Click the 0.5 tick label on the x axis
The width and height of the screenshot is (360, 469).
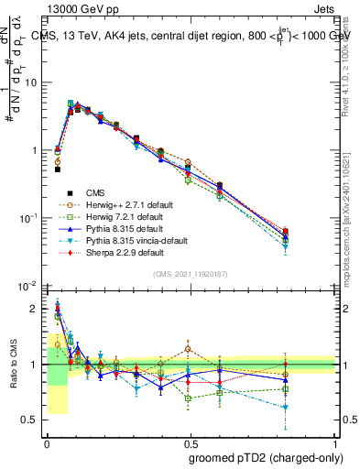[x=191, y=443]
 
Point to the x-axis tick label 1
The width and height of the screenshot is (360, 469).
[x=336, y=443]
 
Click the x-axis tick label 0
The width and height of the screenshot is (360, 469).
[x=48, y=443]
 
